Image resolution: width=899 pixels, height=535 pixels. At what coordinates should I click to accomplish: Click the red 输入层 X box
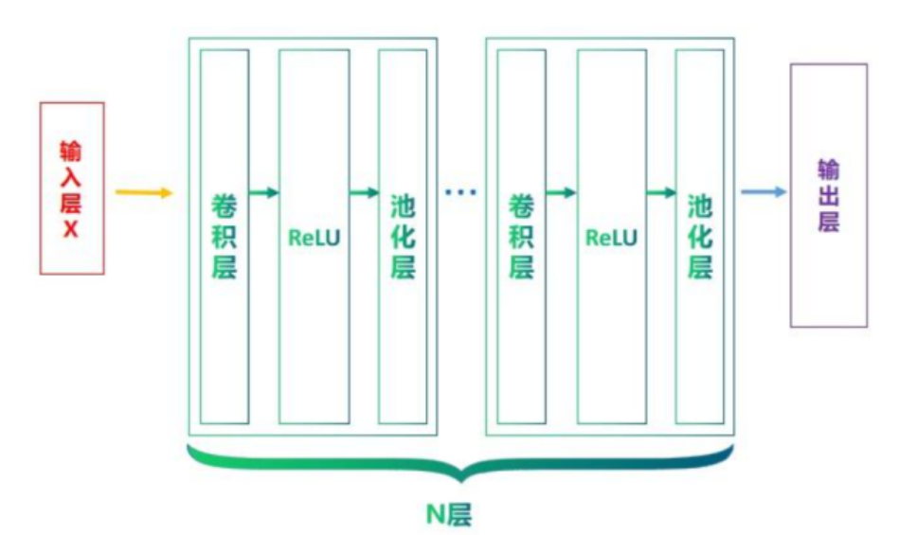(72, 187)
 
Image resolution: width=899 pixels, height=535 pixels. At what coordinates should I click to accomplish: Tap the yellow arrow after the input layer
(144, 193)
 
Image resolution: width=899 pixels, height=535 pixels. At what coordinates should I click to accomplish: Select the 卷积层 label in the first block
(225, 237)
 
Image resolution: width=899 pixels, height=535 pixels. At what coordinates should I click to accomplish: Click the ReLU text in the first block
(314, 237)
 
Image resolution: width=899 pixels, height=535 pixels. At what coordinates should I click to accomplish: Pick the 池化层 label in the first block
(403, 237)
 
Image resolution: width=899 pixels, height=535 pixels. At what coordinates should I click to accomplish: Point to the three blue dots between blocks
(461, 193)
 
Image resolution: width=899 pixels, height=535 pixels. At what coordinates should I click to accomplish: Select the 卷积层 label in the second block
(522, 237)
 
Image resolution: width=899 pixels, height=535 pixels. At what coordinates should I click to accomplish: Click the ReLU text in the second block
(611, 237)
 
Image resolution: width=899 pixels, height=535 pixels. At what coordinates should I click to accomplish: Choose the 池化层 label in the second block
(700, 237)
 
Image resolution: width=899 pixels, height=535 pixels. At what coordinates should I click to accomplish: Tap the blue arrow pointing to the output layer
(764, 193)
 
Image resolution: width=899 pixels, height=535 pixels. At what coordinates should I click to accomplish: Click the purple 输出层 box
(829, 195)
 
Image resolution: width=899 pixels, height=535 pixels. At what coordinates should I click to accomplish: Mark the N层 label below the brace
(449, 514)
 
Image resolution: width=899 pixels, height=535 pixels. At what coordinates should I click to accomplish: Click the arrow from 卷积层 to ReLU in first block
(263, 193)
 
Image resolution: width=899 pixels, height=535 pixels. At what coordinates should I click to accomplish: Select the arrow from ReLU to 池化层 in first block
(364, 193)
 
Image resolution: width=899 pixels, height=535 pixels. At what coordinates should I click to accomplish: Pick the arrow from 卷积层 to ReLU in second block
(561, 193)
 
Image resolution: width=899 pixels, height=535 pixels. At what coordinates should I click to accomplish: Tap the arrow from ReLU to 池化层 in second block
(661, 193)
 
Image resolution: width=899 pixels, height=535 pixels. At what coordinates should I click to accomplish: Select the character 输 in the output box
(829, 169)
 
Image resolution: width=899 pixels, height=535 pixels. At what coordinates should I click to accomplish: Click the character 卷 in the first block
(225, 205)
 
